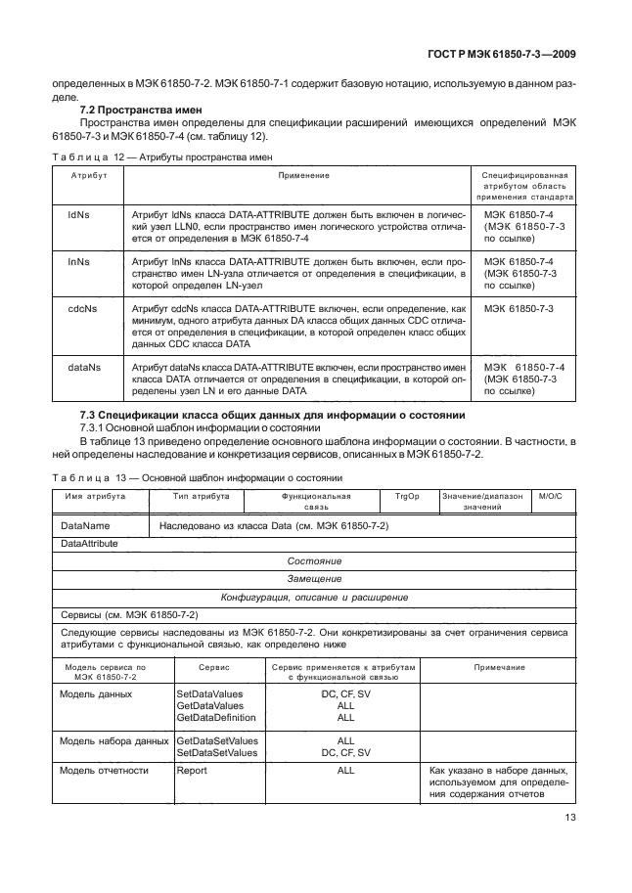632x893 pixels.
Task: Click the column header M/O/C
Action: coord(552,497)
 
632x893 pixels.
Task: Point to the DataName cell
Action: coord(85,526)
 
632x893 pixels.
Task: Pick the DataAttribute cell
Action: coord(89,543)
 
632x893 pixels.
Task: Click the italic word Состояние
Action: coord(314,561)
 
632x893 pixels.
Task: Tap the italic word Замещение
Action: coord(314,579)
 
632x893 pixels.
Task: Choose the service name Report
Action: coord(192,771)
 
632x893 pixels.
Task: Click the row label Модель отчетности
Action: coord(105,771)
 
